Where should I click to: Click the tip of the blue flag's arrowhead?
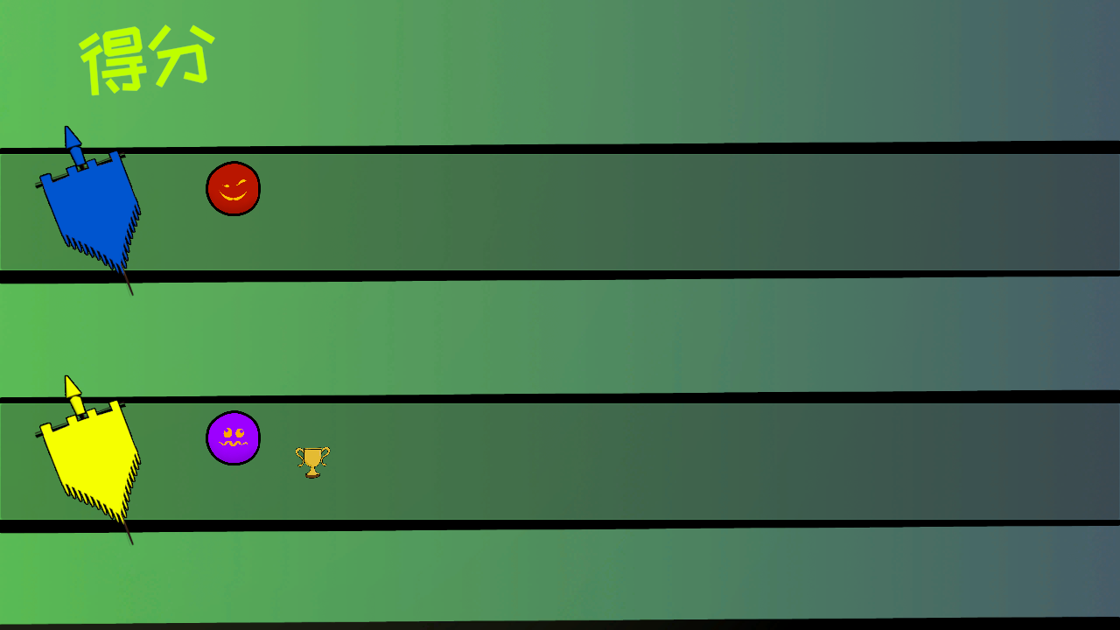click(x=66, y=127)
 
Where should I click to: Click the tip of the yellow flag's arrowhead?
click(x=66, y=376)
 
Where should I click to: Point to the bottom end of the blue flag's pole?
click(x=132, y=295)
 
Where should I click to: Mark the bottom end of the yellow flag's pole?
click(x=132, y=544)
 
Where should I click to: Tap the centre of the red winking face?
click(x=233, y=188)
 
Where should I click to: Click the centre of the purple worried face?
click(x=233, y=438)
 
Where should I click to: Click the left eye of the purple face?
click(x=227, y=432)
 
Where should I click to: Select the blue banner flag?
click(x=88, y=210)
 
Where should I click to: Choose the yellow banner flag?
click(x=88, y=460)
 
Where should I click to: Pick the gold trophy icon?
click(x=312, y=462)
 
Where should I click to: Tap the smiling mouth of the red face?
click(x=233, y=195)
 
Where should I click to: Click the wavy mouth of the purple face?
click(x=233, y=444)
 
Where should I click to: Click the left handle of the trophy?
click(x=299, y=455)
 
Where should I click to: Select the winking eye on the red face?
click(x=241, y=183)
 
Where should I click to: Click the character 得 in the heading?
click(x=114, y=60)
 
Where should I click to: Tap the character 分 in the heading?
click(x=183, y=54)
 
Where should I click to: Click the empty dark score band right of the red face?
click(x=690, y=212)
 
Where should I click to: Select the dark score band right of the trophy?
click(x=725, y=461)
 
